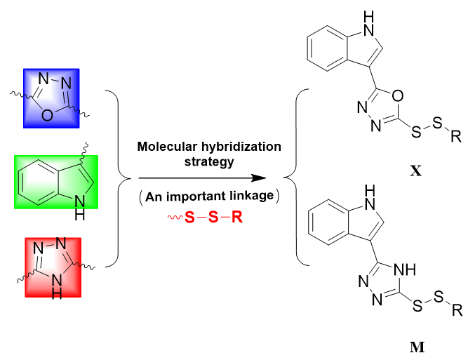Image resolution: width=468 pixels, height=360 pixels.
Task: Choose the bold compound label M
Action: point(415,345)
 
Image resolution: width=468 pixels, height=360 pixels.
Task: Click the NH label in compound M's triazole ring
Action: point(399,268)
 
